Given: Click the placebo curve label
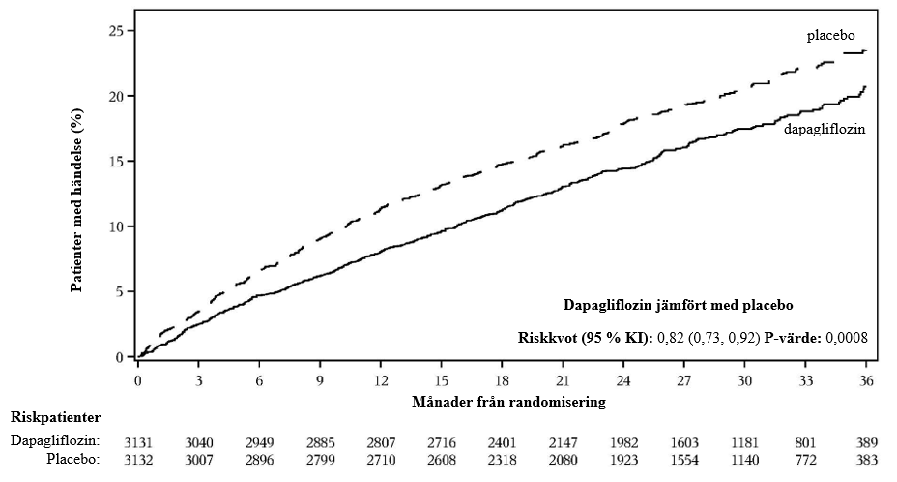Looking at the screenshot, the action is [x=830, y=36].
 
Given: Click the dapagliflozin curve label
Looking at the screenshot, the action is [x=825, y=130].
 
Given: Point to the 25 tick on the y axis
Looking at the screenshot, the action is [x=132, y=30].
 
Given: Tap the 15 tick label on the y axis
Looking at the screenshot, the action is [x=116, y=161].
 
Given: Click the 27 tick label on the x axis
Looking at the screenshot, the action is [x=684, y=380].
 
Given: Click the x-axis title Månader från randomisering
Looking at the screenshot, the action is [x=508, y=402].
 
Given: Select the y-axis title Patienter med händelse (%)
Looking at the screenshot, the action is [x=76, y=200].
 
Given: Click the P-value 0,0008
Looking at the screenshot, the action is [x=846, y=338].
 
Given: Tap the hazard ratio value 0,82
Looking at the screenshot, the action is [x=669, y=338].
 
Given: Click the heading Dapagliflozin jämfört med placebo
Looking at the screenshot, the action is [x=678, y=305].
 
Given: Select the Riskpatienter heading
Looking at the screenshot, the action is [x=55, y=417].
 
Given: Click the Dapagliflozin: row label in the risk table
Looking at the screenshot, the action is [x=55, y=440].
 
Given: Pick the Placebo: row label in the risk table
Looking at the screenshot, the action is [x=73, y=459].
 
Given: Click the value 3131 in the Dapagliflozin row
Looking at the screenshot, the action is [x=138, y=443].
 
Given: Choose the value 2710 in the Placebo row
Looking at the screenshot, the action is [x=381, y=460].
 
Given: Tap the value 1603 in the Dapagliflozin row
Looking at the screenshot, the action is [x=684, y=443].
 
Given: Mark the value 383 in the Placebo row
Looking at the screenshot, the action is [x=867, y=460].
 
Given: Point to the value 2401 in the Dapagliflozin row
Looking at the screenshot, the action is [x=502, y=443].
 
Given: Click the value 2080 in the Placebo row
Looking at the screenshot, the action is [x=563, y=460].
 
